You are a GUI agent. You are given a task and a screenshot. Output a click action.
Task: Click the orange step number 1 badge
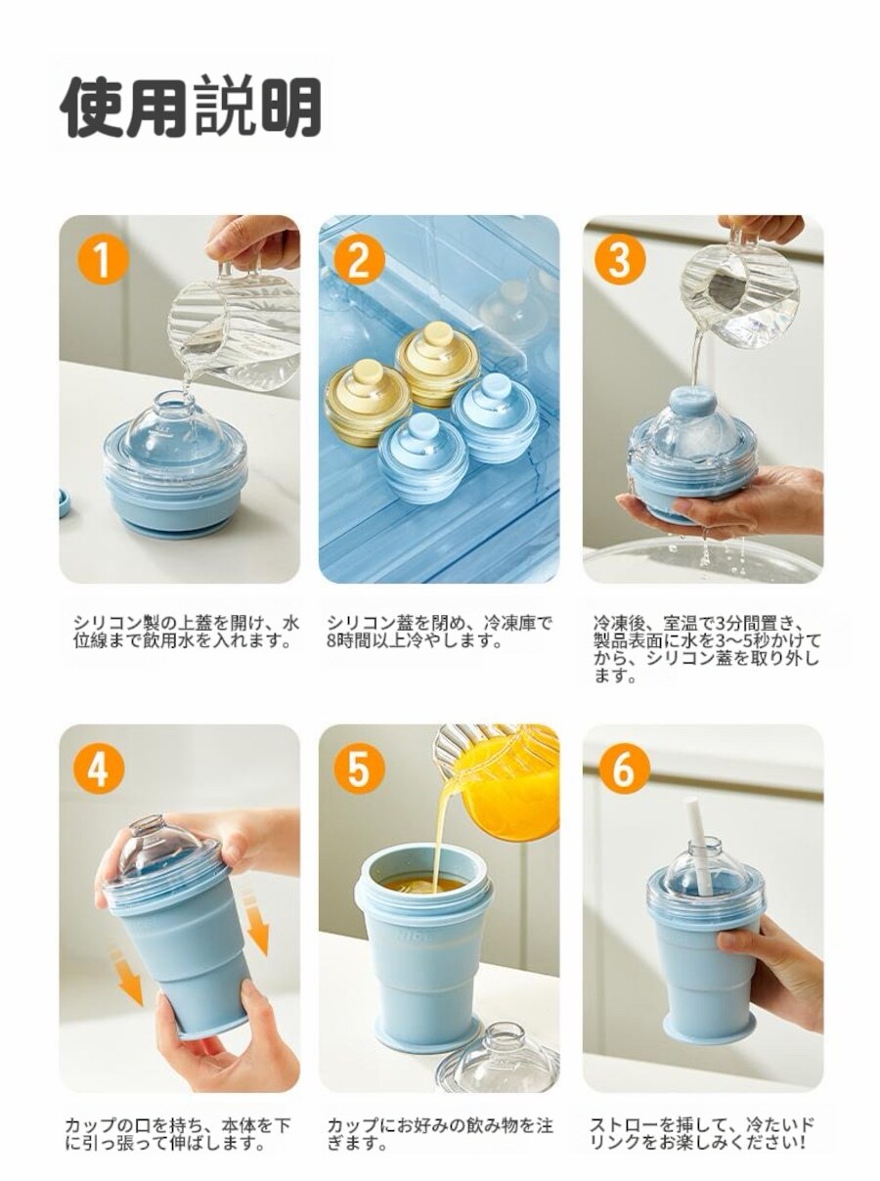(x=104, y=260)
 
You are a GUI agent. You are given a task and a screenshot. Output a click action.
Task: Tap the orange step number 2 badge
(x=359, y=260)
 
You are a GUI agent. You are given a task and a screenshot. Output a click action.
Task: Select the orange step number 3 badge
(x=620, y=260)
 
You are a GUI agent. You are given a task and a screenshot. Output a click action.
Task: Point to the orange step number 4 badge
(x=99, y=768)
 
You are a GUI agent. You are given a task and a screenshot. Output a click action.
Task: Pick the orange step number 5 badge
(x=359, y=768)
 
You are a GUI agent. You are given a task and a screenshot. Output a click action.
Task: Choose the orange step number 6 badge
(x=624, y=768)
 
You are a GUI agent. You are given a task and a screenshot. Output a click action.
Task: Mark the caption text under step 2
(x=439, y=632)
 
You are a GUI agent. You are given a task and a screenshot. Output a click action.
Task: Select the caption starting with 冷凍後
(x=706, y=649)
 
